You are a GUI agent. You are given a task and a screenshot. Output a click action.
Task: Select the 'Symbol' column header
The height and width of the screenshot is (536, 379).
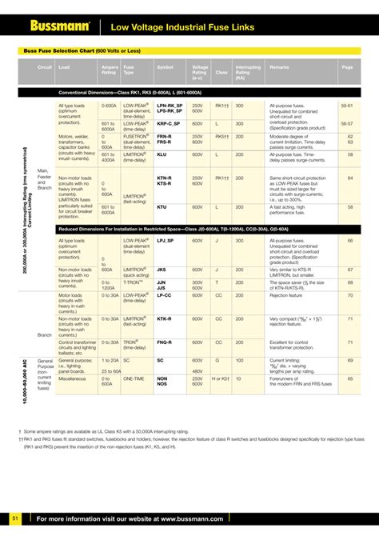165,67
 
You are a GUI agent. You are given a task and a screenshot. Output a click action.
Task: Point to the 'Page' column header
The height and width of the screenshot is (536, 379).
347,67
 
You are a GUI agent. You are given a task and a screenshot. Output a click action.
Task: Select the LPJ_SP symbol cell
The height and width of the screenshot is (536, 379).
166,240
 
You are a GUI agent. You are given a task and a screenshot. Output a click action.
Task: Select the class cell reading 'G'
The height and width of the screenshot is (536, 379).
217,360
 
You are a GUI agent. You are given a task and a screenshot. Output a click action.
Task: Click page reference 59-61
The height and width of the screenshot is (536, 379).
347,106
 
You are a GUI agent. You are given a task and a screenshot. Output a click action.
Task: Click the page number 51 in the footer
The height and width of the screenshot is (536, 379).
14,519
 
